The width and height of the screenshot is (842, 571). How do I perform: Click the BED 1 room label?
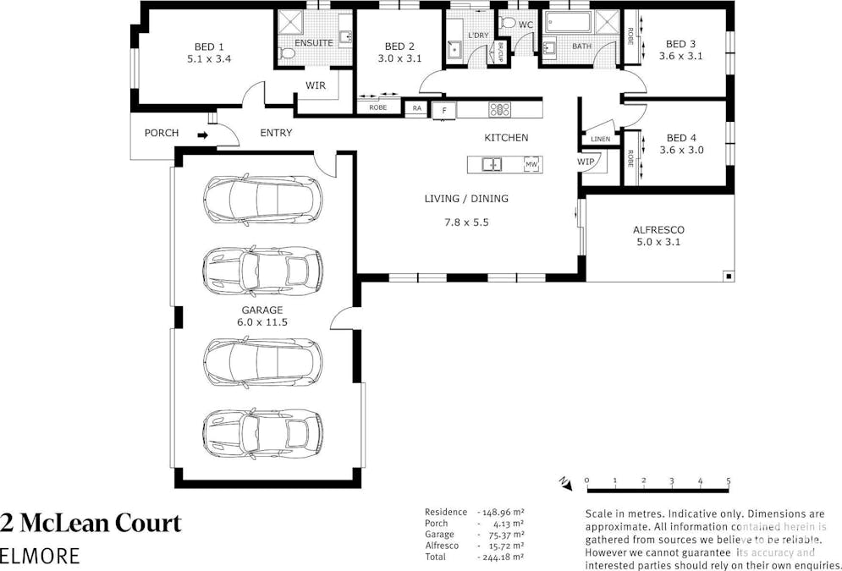[x=209, y=47]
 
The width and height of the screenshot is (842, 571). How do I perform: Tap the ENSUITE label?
[x=313, y=42]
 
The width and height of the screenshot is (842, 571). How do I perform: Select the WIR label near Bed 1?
[x=315, y=85]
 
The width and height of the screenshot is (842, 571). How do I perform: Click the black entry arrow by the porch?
[x=202, y=134]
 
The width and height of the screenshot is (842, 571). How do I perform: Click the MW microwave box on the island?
[x=531, y=164]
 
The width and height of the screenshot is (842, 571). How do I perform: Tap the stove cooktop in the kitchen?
[x=498, y=109]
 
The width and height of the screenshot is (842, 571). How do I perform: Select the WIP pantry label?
[x=586, y=161]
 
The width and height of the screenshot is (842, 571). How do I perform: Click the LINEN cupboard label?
[x=600, y=139]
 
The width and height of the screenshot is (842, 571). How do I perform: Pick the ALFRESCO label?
[x=658, y=229]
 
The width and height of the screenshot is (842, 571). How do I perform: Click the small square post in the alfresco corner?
[x=728, y=275]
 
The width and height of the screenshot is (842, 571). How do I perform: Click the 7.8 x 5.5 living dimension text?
[x=466, y=222]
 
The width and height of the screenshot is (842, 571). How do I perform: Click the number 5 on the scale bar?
[x=729, y=480]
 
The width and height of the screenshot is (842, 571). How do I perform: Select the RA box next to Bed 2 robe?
[x=416, y=108]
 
